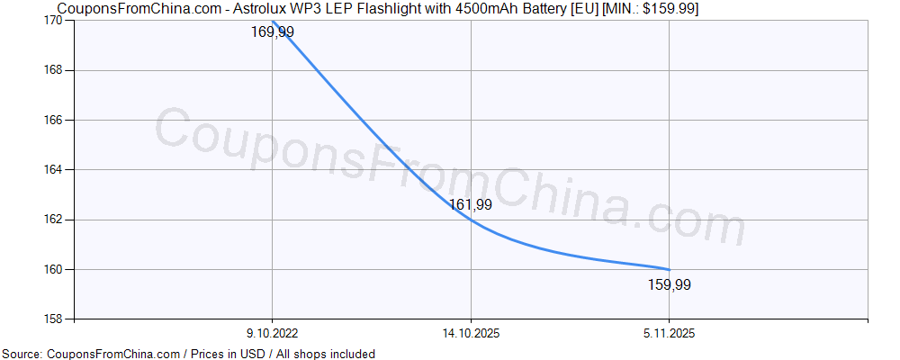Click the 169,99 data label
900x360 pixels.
[x=272, y=32]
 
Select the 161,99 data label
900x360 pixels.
[x=471, y=204]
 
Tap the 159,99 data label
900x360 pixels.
[x=670, y=285]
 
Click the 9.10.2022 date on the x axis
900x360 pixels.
[x=272, y=333]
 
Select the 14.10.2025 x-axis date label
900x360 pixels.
[x=471, y=333]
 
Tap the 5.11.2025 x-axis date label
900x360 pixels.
[x=670, y=333]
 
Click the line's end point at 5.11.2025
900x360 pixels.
[x=669, y=269]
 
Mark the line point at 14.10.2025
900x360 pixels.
[x=471, y=220]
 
